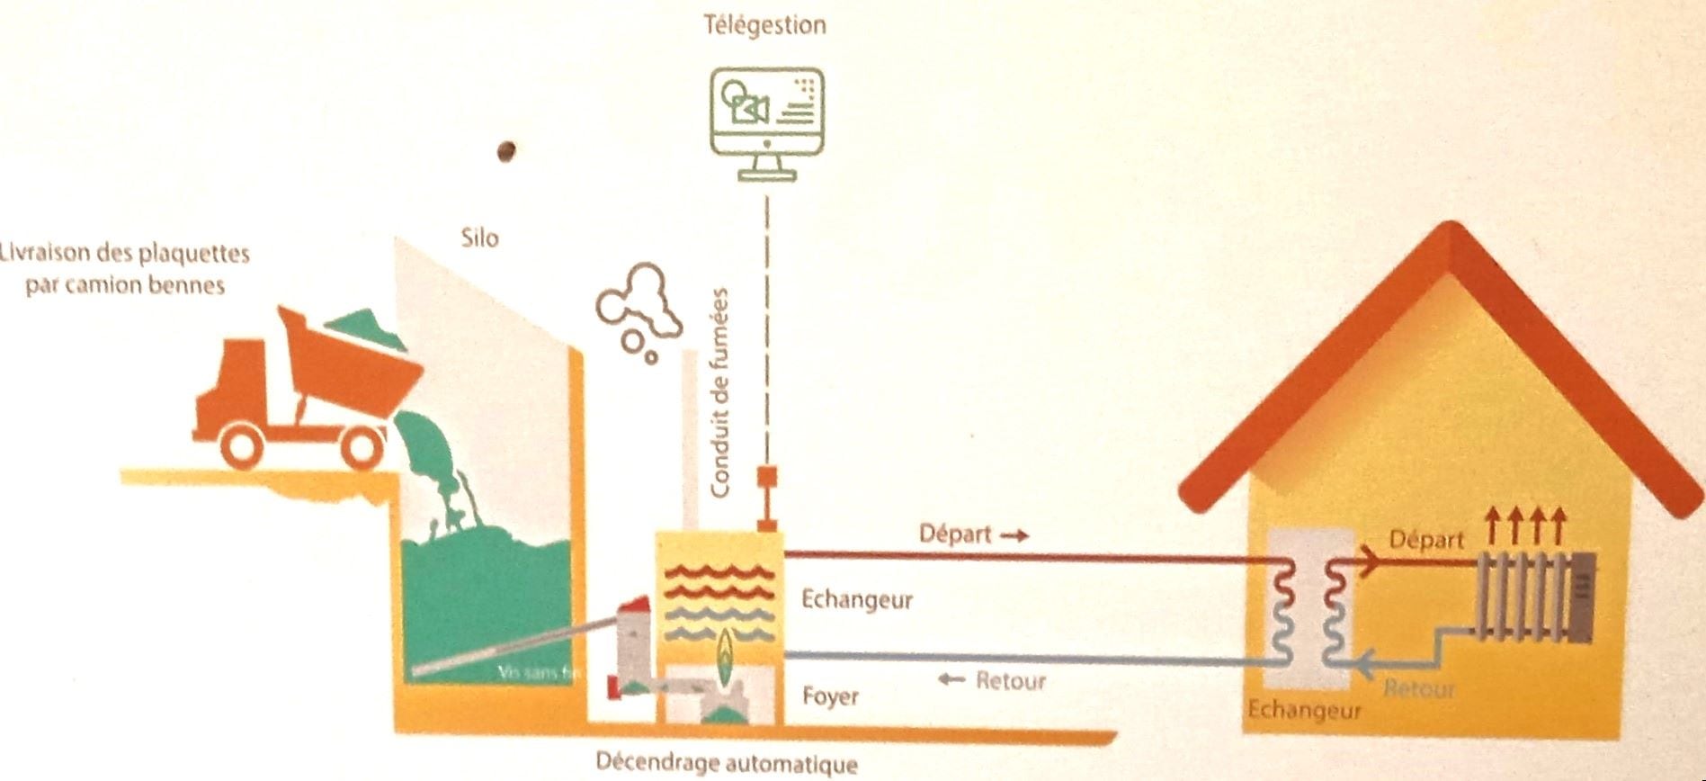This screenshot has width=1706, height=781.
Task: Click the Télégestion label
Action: pos(764,24)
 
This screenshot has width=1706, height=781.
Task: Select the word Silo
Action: pos(479,238)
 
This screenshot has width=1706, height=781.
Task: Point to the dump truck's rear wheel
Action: pos(362,445)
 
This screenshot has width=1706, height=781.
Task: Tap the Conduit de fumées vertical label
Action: pos(719,392)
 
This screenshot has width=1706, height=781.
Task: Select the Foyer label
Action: pos(830,696)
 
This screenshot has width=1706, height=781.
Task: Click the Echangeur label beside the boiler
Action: pos(856,599)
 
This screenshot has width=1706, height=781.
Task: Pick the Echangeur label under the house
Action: pos(1304,711)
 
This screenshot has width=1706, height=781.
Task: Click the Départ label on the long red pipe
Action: pos(955,534)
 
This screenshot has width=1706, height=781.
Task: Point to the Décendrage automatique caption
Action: pos(726,764)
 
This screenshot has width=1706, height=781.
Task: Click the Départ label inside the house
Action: pos(1426,540)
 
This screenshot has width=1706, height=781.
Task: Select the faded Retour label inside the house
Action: pos(1419,689)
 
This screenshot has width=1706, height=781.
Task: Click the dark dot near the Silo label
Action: pos(505,151)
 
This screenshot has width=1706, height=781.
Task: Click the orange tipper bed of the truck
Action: pos(351,369)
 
